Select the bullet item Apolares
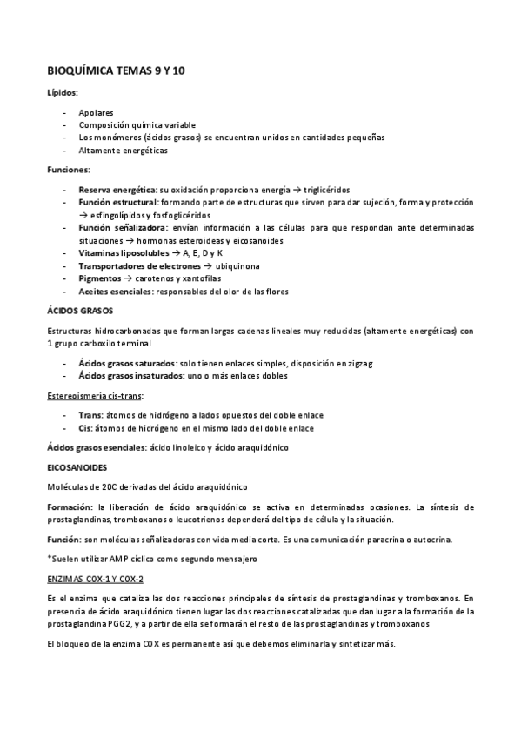point(96,112)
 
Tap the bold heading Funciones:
point(69,169)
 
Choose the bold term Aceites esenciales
point(114,291)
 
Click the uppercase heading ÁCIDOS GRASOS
point(79,311)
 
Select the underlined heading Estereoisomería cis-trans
point(95,395)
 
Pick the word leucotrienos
point(190,520)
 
